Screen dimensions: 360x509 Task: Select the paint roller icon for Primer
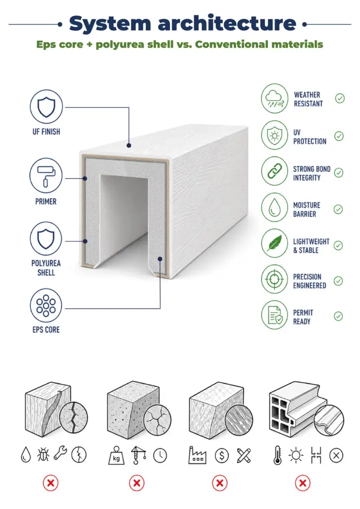(x=46, y=175)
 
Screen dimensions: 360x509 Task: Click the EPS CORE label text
(x=46, y=330)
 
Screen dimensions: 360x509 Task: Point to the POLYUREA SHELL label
(x=46, y=268)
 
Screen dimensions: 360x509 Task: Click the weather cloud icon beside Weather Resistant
(x=274, y=98)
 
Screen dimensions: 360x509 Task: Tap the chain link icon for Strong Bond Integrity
(x=274, y=171)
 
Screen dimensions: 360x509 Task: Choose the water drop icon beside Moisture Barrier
(x=274, y=207)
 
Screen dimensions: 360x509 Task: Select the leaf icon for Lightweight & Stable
(x=274, y=243)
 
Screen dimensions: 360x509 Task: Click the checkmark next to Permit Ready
(x=338, y=316)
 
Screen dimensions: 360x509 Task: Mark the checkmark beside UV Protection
(x=339, y=136)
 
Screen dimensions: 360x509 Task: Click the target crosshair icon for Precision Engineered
(x=274, y=279)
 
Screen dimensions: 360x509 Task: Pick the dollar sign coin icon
(x=222, y=456)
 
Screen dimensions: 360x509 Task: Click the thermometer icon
(x=277, y=455)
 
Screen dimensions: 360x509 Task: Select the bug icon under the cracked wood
(x=43, y=454)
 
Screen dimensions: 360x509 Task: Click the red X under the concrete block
(x=137, y=483)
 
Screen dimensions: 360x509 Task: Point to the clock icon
(x=160, y=456)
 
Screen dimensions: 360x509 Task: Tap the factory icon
(x=197, y=455)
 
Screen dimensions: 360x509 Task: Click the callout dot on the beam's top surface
(x=129, y=146)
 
